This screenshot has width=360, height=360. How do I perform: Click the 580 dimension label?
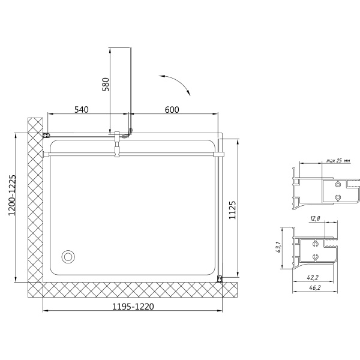coord(106,85)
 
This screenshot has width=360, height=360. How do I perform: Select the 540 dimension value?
coord(81,110)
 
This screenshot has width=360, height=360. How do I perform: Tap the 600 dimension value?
coord(172,110)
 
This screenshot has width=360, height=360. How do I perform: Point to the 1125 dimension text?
coord(232,210)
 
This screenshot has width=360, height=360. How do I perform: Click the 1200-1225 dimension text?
coord(12,195)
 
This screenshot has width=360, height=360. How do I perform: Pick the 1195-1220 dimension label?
coord(133,306)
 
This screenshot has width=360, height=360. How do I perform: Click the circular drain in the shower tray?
coord(68,256)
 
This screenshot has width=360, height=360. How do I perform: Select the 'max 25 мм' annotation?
coord(338,160)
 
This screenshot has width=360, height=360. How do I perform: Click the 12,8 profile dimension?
coord(315,218)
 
